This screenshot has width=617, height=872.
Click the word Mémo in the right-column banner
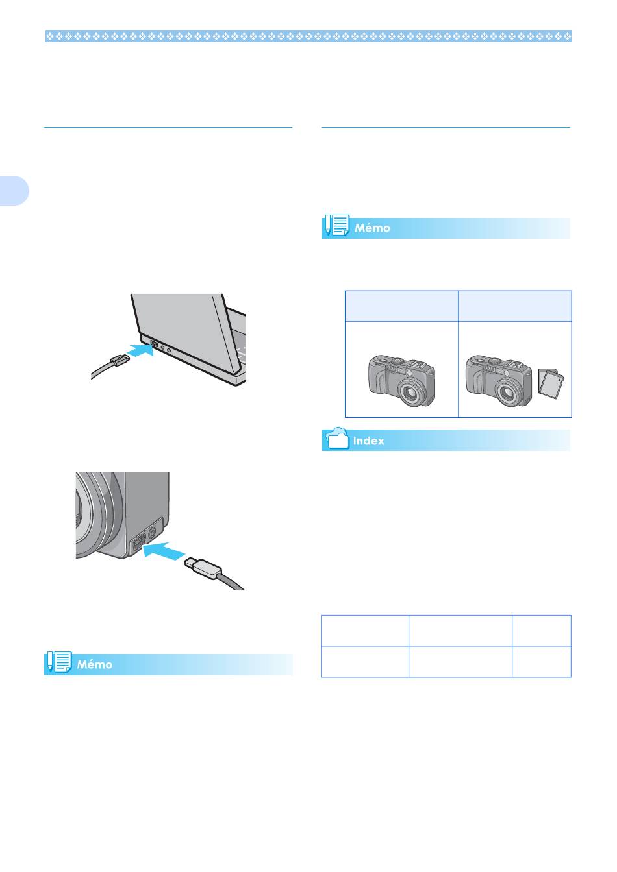pyautogui.click(x=372, y=228)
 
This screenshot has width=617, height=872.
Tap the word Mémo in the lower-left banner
pyautogui.click(x=94, y=664)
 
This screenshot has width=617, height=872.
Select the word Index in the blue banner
pyautogui.click(x=368, y=441)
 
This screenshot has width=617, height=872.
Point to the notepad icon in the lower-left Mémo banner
pyautogui.click(x=59, y=662)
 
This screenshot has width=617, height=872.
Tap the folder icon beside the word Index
pyautogui.click(x=338, y=439)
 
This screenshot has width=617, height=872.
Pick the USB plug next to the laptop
pyautogui.click(x=120, y=361)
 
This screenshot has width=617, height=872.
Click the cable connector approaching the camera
pyautogui.click(x=203, y=568)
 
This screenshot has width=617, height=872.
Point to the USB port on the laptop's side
pyautogui.click(x=153, y=344)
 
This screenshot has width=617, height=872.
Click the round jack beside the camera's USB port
pyautogui.click(x=153, y=531)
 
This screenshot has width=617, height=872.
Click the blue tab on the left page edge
pyautogui.click(x=14, y=191)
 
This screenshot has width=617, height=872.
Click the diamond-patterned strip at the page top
pyautogui.click(x=308, y=36)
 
